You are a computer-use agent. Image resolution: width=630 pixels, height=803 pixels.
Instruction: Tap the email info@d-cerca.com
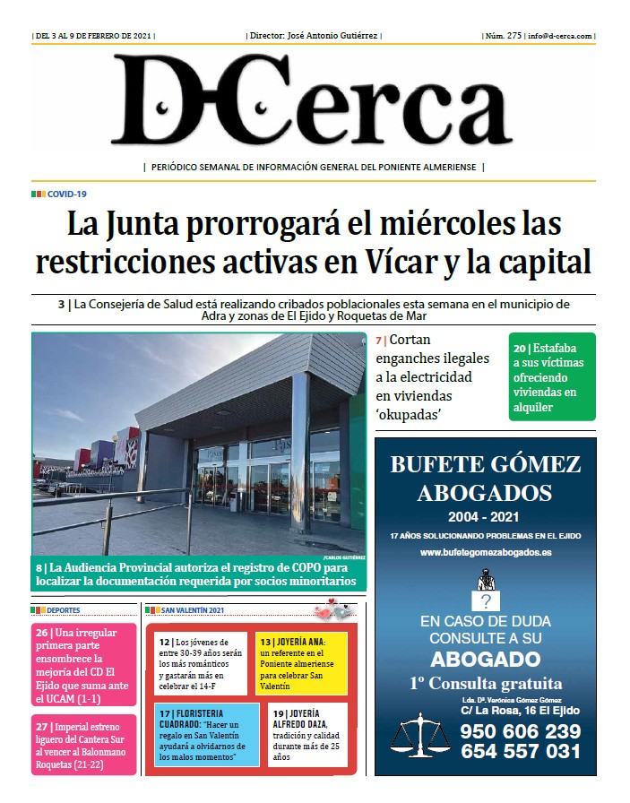560,36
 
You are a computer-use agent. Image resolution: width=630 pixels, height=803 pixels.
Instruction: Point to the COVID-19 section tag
66,194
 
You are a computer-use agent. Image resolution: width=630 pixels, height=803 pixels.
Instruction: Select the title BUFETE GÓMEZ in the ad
486,464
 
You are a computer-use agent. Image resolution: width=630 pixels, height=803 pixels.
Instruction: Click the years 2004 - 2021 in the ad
486,517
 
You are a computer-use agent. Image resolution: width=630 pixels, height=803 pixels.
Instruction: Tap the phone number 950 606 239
520,730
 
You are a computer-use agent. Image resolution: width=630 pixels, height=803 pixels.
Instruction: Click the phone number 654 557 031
520,752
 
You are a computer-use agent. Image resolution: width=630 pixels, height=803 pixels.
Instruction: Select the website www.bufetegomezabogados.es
486,553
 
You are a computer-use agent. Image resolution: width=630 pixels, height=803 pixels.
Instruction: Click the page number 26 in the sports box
41,633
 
